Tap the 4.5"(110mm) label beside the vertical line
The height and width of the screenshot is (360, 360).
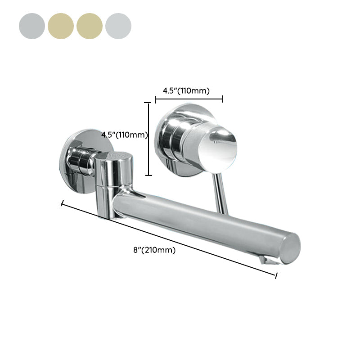(x=124, y=135)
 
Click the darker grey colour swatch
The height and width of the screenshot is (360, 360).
(x=31, y=26)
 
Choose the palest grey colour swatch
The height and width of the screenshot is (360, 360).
(x=118, y=26)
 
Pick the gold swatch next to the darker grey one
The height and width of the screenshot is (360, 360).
(x=61, y=26)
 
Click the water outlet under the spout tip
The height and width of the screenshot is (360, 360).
(x=269, y=261)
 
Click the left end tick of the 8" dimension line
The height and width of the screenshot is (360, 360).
(x=62, y=203)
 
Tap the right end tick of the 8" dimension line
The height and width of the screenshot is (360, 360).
(x=276, y=275)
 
